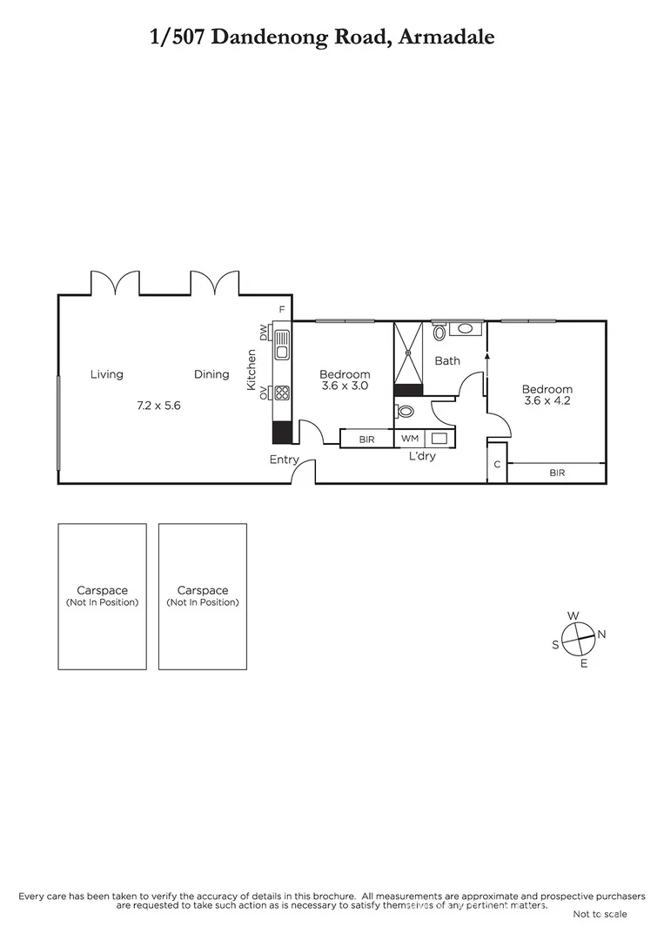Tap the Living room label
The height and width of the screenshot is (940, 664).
pyautogui.click(x=107, y=374)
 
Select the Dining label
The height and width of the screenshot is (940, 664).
pyautogui.click(x=211, y=374)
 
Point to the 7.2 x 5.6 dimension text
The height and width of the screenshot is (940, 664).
pyautogui.click(x=158, y=405)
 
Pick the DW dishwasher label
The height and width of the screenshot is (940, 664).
pyautogui.click(x=263, y=332)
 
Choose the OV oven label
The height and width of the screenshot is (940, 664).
pyautogui.click(x=263, y=393)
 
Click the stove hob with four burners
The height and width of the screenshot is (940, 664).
pyautogui.click(x=282, y=392)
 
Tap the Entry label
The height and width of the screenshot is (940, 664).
pyautogui.click(x=284, y=460)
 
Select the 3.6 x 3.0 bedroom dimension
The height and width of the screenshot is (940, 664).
pyautogui.click(x=345, y=386)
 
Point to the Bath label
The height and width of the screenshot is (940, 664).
pyautogui.click(x=447, y=360)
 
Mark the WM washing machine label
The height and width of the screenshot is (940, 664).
pyautogui.click(x=409, y=439)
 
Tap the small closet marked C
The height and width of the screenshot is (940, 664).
pyautogui.click(x=497, y=463)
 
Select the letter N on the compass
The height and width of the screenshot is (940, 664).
pyautogui.click(x=601, y=634)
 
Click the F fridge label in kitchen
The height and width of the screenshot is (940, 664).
pyautogui.click(x=281, y=310)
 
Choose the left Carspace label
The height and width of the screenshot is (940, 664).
pyautogui.click(x=102, y=590)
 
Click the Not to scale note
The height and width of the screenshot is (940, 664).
pyautogui.click(x=600, y=914)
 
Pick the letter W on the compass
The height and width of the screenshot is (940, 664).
pyautogui.click(x=573, y=615)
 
